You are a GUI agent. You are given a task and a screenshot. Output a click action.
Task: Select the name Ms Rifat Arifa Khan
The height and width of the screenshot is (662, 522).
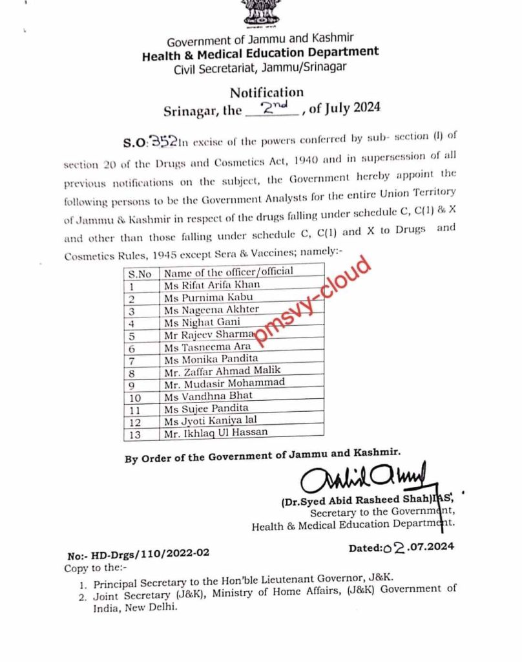click(x=212, y=284)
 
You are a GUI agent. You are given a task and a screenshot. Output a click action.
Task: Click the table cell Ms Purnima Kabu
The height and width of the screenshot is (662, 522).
click(x=207, y=297)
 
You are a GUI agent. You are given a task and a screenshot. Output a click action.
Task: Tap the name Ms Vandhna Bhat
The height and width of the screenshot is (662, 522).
click(x=208, y=395)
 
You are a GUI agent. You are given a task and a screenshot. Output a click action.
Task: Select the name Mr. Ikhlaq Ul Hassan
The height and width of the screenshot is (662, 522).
click(x=215, y=432)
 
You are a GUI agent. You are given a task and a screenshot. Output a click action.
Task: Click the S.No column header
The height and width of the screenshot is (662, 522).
click(x=140, y=273)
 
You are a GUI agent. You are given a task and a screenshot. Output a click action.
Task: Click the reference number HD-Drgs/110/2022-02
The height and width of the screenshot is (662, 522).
click(x=147, y=555)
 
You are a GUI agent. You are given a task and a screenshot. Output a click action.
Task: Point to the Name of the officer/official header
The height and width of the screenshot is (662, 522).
click(x=228, y=272)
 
